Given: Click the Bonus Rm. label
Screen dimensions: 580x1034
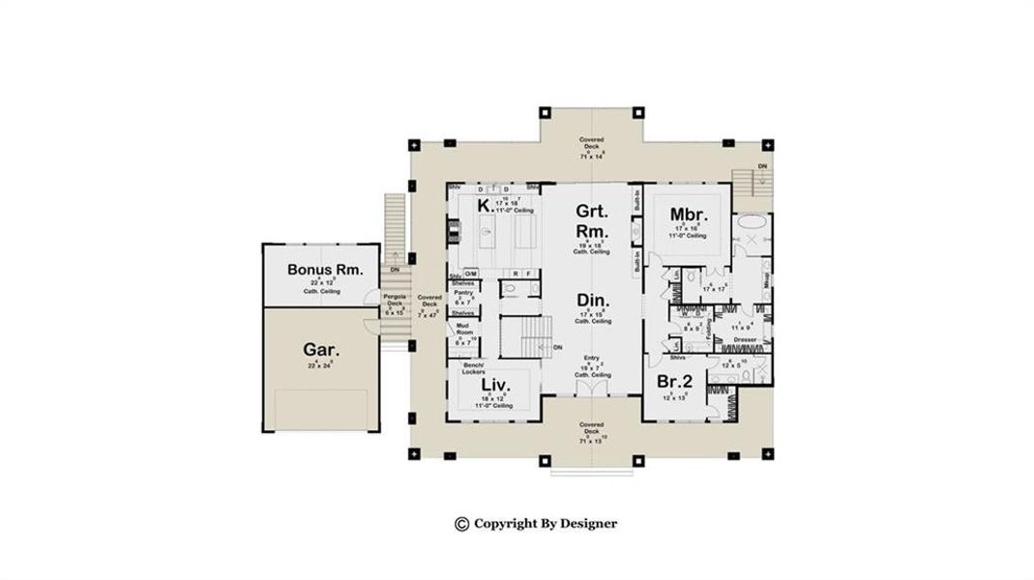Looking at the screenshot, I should [x=325, y=269].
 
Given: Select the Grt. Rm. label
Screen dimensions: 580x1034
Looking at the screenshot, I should [x=591, y=221].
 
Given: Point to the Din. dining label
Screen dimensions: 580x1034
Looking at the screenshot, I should [x=592, y=299].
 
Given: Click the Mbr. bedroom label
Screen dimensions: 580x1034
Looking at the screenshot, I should [x=690, y=214].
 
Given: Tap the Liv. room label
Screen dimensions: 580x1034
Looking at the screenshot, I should [x=494, y=385].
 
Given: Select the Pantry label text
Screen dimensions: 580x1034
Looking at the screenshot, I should [x=463, y=292].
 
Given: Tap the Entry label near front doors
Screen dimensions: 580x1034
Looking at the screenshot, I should [x=592, y=358].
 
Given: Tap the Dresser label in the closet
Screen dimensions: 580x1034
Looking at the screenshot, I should [x=745, y=339].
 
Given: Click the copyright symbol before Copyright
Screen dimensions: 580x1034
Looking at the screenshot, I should [x=461, y=524].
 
